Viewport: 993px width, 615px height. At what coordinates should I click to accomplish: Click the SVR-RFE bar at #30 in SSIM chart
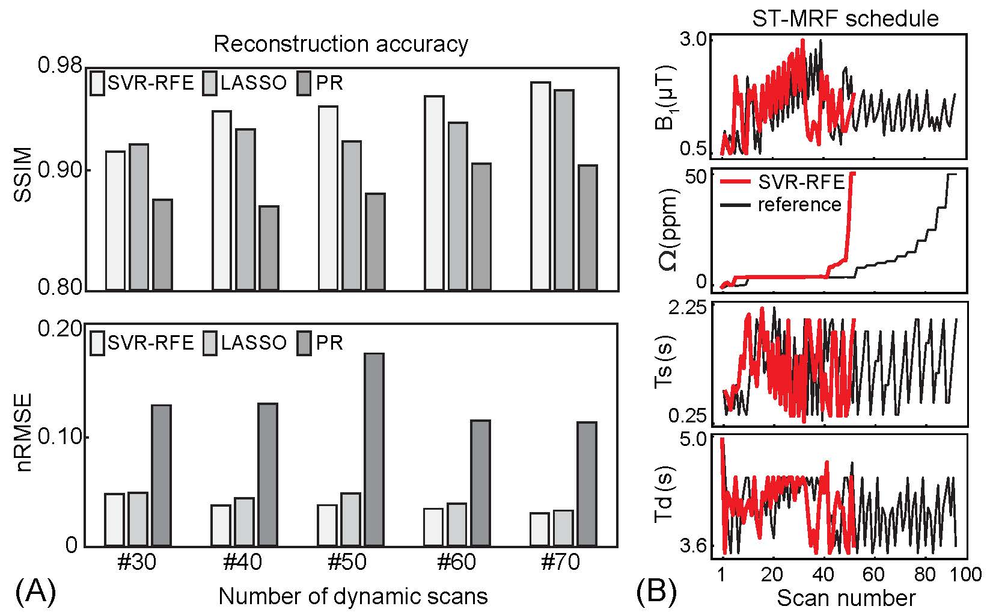[x=115, y=220]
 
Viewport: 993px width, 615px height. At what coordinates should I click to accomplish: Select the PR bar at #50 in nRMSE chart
[x=374, y=450]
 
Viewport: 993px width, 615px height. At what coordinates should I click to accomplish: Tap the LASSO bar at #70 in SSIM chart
[x=564, y=190]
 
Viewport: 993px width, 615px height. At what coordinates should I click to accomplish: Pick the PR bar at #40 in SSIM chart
[x=268, y=248]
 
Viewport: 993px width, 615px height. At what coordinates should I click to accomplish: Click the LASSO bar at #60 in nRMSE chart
[x=457, y=525]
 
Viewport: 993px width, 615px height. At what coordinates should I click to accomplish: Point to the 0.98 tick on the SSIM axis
[x=59, y=66]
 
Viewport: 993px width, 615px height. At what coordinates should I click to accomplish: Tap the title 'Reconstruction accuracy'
[x=341, y=45]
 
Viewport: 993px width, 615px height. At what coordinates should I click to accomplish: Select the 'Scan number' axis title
[x=846, y=598]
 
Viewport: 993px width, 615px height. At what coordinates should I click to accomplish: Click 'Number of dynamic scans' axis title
[x=353, y=596]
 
